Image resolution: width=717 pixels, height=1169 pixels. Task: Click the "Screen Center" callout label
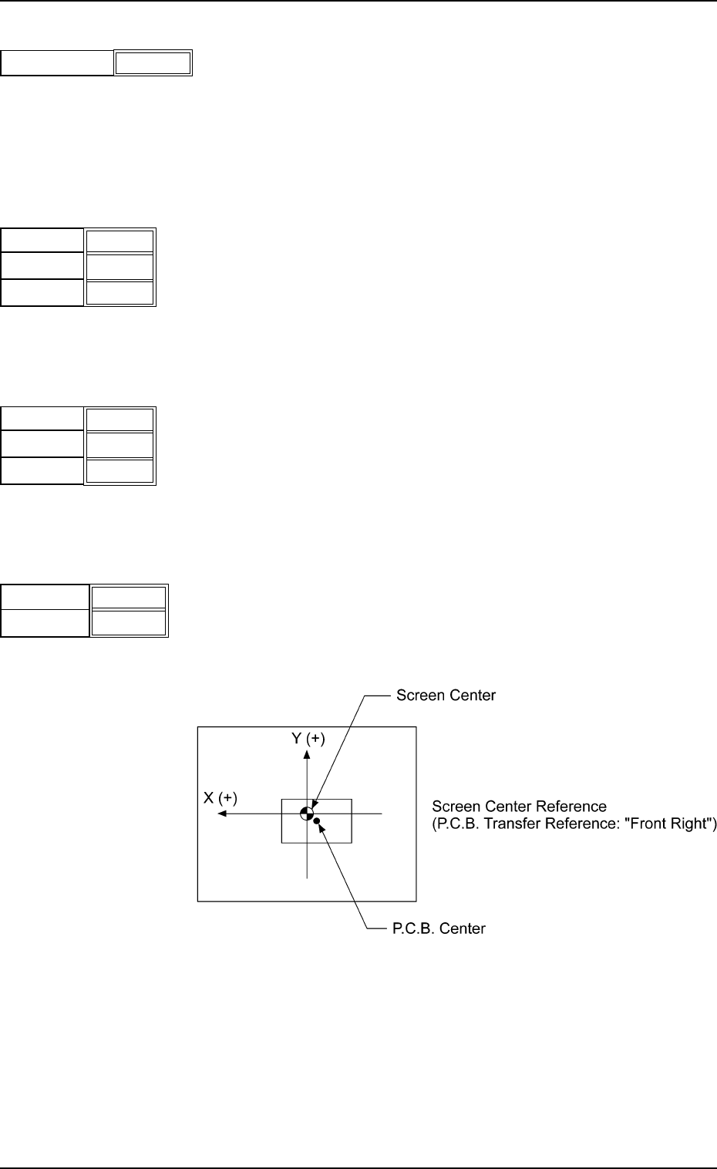446,696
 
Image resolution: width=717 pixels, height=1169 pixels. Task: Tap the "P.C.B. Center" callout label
439,928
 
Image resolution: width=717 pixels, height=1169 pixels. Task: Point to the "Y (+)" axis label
308,739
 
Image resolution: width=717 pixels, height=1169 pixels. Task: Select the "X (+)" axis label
220,797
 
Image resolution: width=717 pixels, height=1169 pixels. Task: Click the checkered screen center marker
307,814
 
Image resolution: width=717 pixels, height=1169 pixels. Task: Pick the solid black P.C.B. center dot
317,820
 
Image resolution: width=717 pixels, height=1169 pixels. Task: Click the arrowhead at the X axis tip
222,814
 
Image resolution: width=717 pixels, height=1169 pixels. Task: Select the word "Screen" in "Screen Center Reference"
456,807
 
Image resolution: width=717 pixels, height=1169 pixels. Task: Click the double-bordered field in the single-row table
153,63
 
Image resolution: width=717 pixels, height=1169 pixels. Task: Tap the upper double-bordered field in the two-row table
129,598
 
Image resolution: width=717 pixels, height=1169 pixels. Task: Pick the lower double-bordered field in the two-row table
129,623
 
